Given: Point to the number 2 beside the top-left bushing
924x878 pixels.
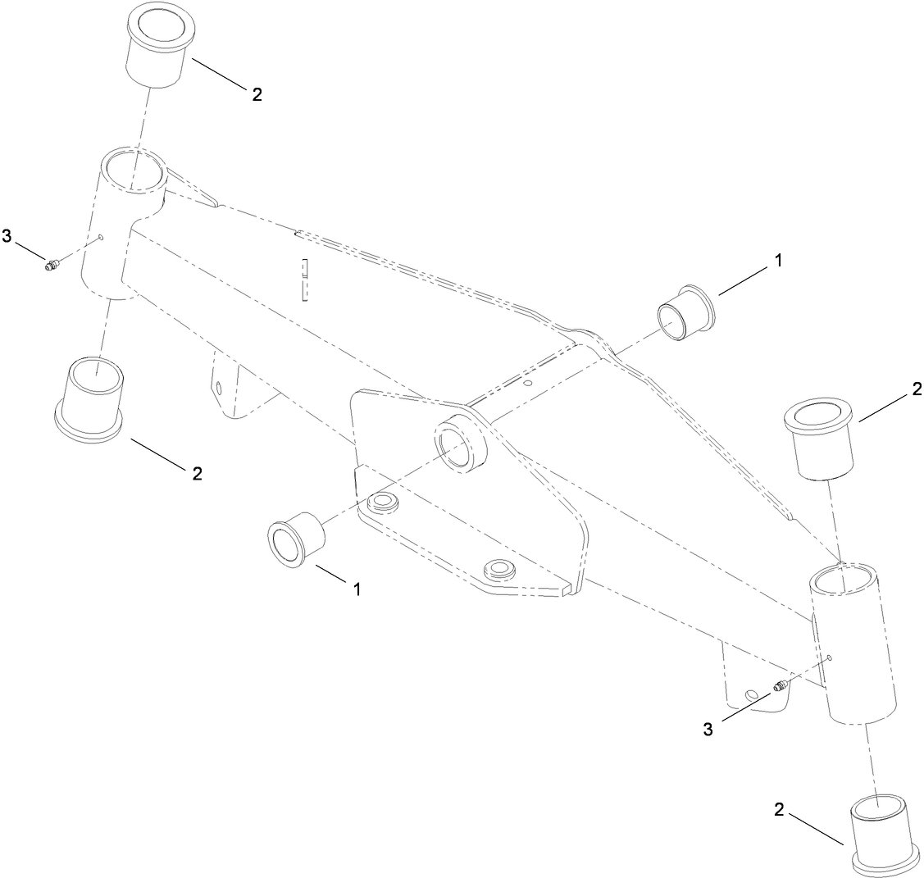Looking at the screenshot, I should point(257,94).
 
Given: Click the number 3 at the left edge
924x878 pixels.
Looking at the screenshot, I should point(8,237).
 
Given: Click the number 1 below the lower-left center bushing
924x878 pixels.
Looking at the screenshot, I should point(357,588).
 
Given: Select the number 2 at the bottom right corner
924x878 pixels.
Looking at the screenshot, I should point(779,811).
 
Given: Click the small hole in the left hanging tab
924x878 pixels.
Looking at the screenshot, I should point(219,387).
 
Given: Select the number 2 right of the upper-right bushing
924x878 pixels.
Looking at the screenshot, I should point(916,393).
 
